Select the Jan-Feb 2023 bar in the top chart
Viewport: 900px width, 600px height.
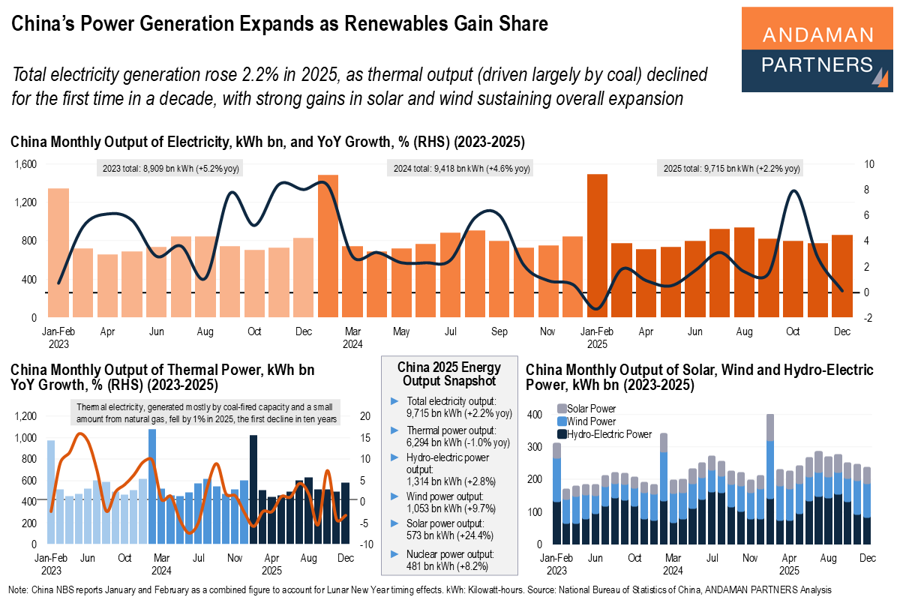[x=58, y=253]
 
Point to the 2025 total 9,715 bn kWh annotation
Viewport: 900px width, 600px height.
[x=731, y=169]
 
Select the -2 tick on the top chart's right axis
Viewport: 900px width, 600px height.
[x=867, y=318]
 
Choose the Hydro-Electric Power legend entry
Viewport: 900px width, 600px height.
[x=604, y=433]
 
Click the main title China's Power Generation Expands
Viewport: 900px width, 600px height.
[x=279, y=24]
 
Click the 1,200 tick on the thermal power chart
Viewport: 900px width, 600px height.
[x=25, y=416]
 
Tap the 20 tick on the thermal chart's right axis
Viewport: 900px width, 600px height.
[x=365, y=416]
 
